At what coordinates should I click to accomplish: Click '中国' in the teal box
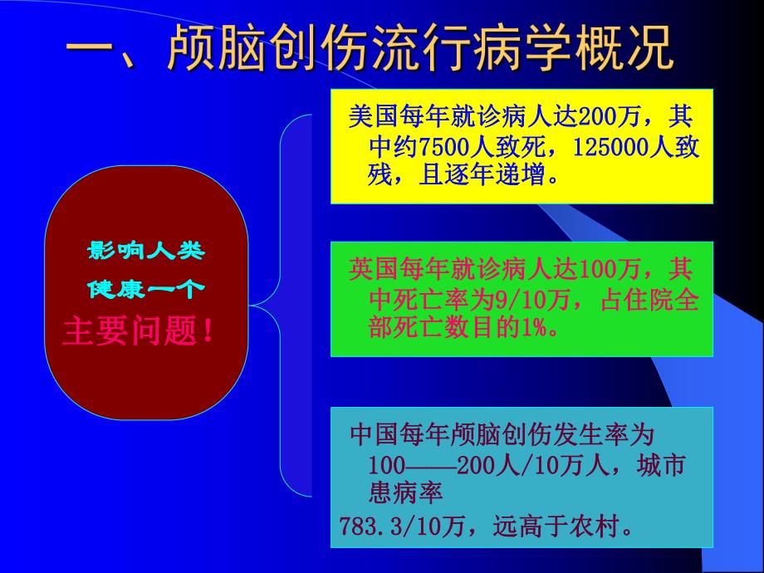[x=370, y=434]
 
